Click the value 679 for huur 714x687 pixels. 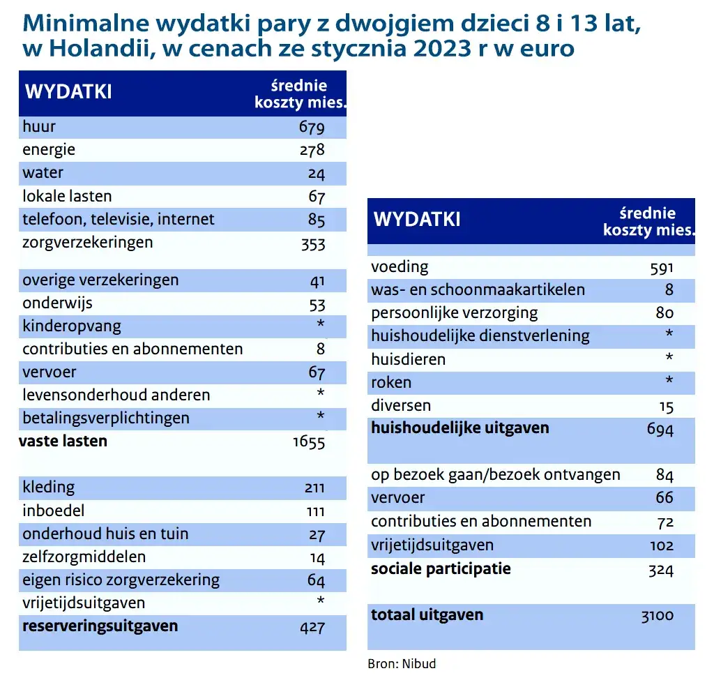pyautogui.click(x=312, y=128)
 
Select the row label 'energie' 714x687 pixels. pyautogui.click(x=49, y=150)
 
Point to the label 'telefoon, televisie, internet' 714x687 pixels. pyautogui.click(x=119, y=220)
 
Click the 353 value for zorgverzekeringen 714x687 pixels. pyautogui.click(x=312, y=243)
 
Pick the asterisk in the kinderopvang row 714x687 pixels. pyautogui.click(x=320, y=326)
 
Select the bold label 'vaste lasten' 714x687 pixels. pyautogui.click(x=63, y=441)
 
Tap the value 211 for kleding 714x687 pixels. pyautogui.click(x=314, y=488)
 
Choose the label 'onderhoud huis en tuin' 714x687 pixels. pyautogui.click(x=105, y=534)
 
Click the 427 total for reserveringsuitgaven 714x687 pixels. pyautogui.click(x=312, y=627)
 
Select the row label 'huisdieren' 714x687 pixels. pyautogui.click(x=408, y=360)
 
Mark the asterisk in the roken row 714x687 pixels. pyautogui.click(x=669, y=382)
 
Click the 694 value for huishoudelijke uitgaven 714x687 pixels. pyautogui.click(x=660, y=429)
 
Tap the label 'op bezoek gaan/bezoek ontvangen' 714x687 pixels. pyautogui.click(x=495, y=475)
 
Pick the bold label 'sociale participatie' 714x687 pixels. pyautogui.click(x=441, y=568)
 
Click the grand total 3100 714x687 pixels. pyautogui.click(x=657, y=616)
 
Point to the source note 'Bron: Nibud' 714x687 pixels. pyautogui.click(x=402, y=663)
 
